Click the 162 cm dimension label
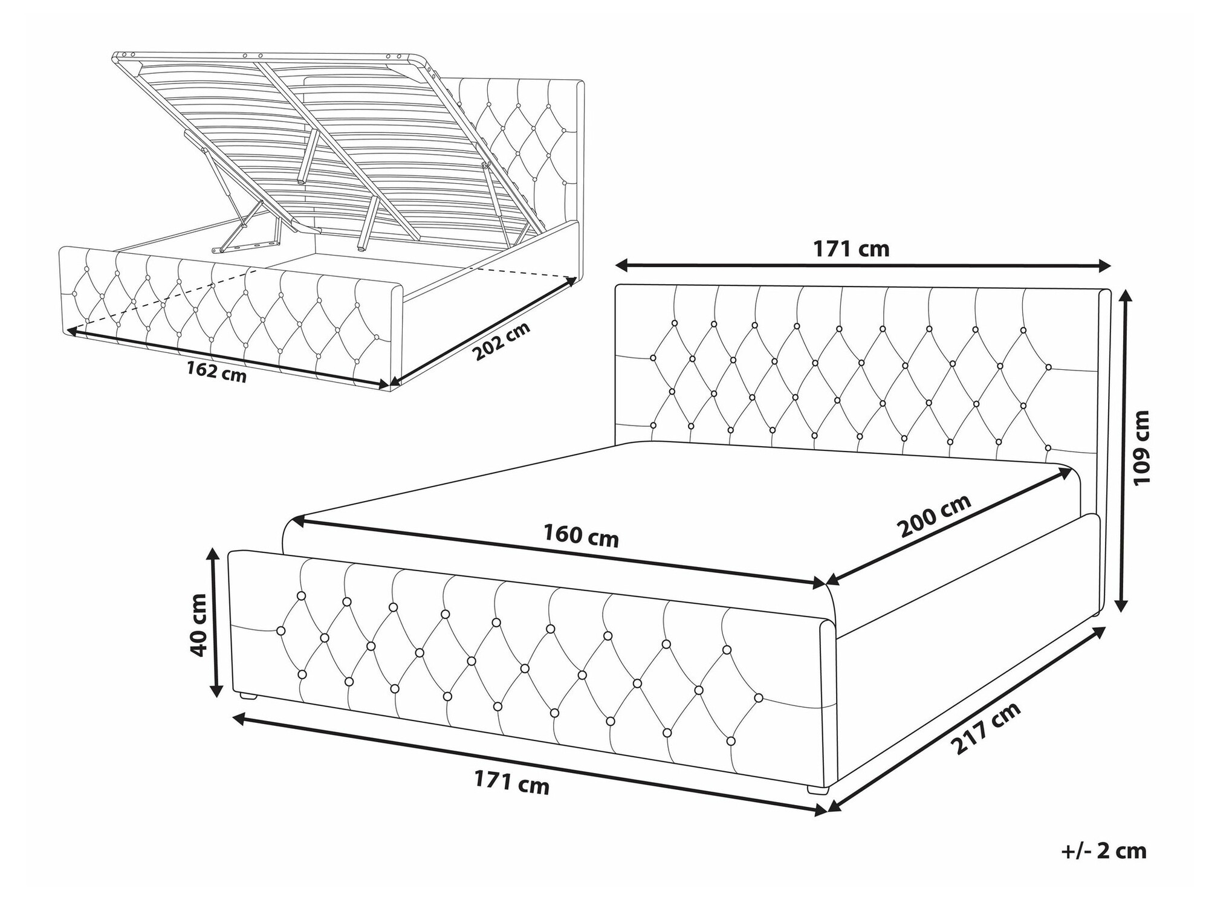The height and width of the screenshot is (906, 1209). (216, 370)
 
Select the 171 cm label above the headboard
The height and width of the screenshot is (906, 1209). (851, 248)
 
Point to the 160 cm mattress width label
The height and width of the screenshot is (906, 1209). (581, 535)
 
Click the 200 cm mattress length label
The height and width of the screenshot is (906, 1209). (934, 515)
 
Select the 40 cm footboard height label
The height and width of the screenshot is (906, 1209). (198, 624)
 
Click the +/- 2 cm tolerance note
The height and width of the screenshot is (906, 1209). (1104, 850)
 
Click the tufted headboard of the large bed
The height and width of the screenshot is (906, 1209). (863, 372)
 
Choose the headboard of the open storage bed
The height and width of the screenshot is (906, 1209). (520, 151)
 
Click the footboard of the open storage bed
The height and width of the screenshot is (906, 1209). (231, 315)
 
